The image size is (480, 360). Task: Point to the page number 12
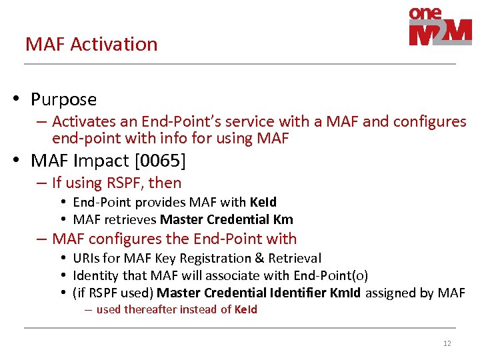tap(447, 343)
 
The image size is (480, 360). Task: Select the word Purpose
tap(63, 99)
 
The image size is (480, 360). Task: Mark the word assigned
tap(392, 293)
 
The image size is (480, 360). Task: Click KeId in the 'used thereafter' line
tap(245, 309)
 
